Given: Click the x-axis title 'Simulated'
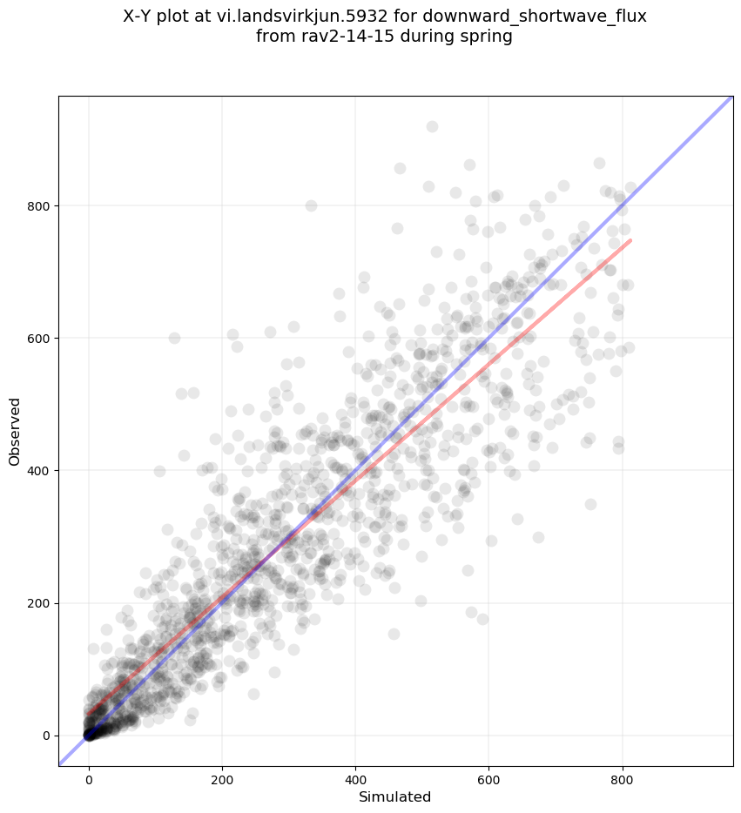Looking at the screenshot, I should click(395, 796).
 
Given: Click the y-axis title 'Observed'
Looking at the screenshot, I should click(15, 431).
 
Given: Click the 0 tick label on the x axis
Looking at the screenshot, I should click(89, 775).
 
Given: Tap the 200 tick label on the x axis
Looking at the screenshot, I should click(222, 775).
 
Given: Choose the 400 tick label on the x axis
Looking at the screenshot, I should click(355, 775).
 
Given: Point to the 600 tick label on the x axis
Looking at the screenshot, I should click(488, 775).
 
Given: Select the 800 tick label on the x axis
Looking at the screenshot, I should click(622, 775).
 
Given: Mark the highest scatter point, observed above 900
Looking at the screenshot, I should click(432, 126).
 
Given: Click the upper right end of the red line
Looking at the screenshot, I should click(630, 240).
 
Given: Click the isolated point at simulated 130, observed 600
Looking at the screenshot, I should click(174, 338).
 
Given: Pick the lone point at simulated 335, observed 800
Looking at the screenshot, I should click(311, 205).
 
